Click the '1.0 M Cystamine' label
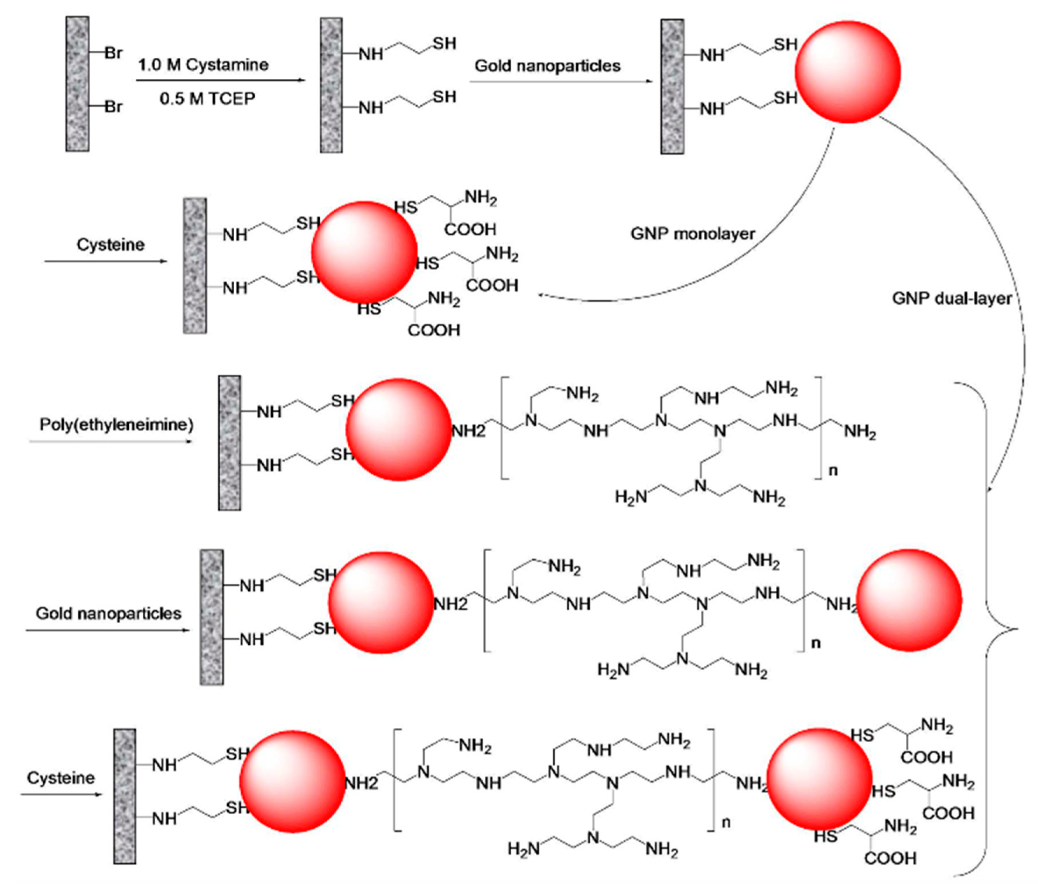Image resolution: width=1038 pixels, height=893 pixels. coord(204,65)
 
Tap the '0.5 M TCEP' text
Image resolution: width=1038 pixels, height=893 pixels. coord(207,99)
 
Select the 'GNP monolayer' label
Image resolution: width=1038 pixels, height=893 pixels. coord(692,234)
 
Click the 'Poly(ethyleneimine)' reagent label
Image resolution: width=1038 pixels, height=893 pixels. coord(116,425)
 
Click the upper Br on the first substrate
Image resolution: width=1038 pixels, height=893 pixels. coord(113,53)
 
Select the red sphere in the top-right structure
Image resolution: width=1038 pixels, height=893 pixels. coord(848,72)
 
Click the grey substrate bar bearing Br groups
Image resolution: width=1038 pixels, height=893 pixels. coord(78,84)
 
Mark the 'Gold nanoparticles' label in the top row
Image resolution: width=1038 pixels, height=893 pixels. coord(548,66)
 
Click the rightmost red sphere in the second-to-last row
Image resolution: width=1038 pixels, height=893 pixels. coord(909,600)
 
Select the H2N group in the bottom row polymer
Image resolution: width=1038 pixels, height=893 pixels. coord(524,849)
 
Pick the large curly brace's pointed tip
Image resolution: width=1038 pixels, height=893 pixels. coord(1018,629)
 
